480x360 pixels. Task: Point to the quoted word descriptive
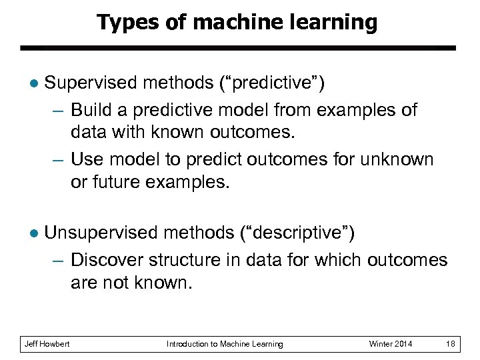coord(297,233)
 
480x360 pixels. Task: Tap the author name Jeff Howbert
coord(47,344)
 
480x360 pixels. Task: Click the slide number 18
coord(451,344)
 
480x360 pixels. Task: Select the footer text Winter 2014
coord(391,344)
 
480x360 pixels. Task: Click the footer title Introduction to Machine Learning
coord(225,344)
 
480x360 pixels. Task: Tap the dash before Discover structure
coord(58,259)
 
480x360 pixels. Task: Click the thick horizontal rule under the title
coord(237,48)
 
